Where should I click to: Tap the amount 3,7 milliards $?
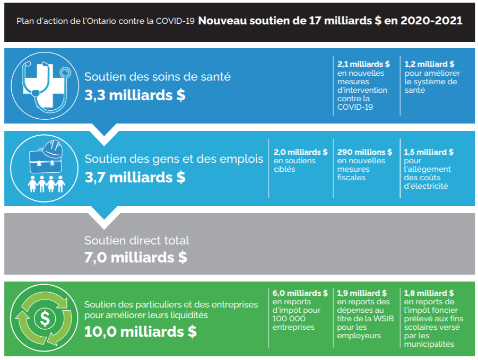pos(135,177)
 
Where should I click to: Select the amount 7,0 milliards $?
pos(136,258)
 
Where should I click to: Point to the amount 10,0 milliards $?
pos(141,332)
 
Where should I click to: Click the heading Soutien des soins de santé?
pos(158,76)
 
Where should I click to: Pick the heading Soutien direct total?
pos(136,240)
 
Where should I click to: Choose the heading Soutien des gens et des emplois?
pos(174,159)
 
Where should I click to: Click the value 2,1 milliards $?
pos(363,64)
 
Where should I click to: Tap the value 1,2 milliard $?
pos(429,64)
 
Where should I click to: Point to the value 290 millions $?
pos(364,152)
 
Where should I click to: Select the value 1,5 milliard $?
pos(429,152)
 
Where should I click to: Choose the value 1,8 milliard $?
pos(429,293)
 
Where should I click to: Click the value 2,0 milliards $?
pos(300,152)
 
